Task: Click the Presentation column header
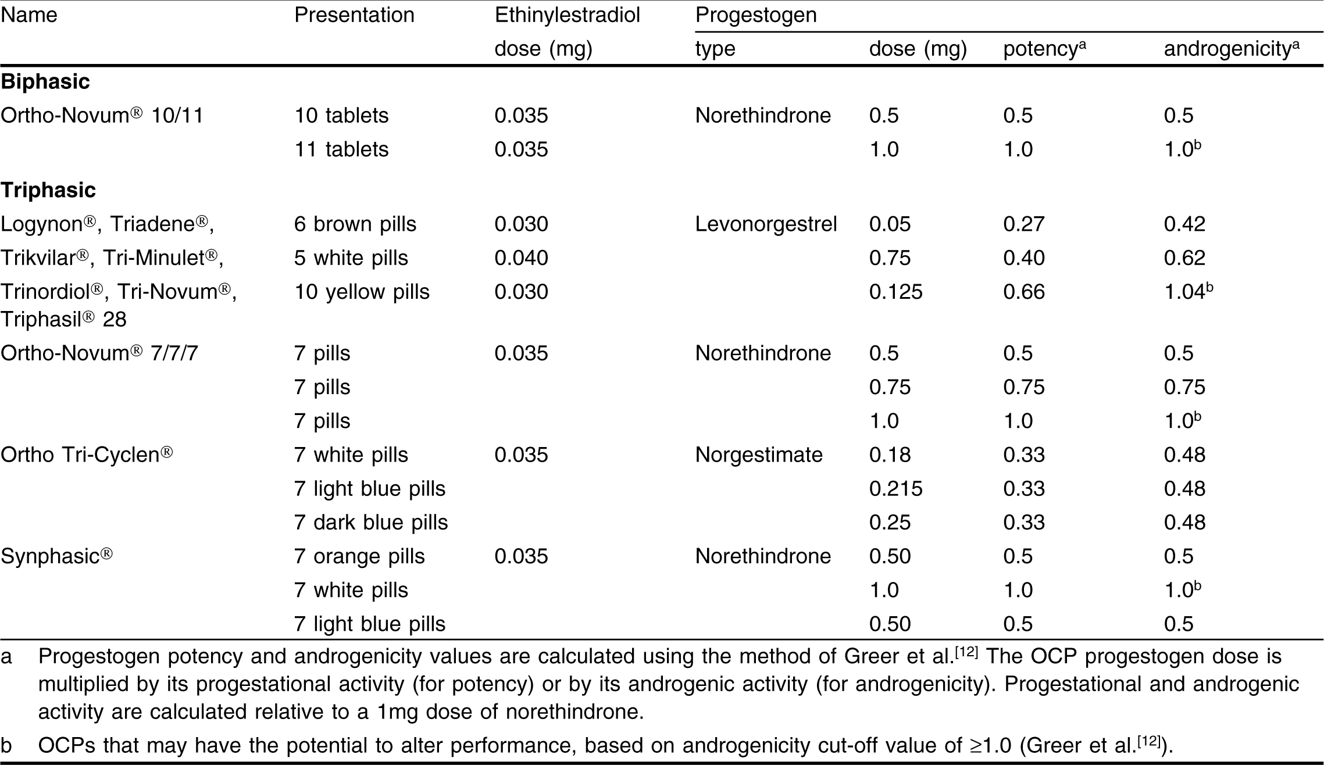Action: pos(354,15)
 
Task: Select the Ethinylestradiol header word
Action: pos(567,15)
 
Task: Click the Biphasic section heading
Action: pos(45,82)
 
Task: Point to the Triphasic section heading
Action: pos(48,190)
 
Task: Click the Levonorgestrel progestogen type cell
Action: pos(766,224)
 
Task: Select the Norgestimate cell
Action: pos(759,455)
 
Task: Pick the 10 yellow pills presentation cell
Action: pos(362,292)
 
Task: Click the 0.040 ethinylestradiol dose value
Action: pos(521,258)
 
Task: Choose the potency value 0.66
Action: pos(1024,292)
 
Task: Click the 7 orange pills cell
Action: pos(359,556)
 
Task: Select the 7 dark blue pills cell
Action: pos(371,523)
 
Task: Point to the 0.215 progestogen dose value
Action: pos(895,489)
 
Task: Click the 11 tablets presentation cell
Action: pos(341,149)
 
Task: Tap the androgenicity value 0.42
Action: pos(1184,224)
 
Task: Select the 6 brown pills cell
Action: pos(355,224)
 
